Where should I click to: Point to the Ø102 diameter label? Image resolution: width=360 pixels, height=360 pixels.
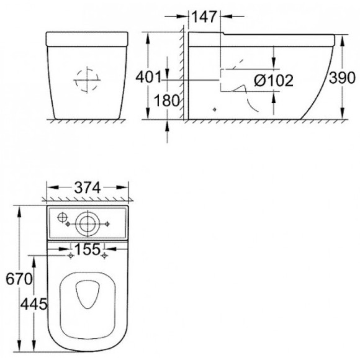pyautogui.click(x=274, y=79)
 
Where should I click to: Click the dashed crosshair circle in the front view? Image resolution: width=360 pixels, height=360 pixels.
pyautogui.click(x=87, y=79)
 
